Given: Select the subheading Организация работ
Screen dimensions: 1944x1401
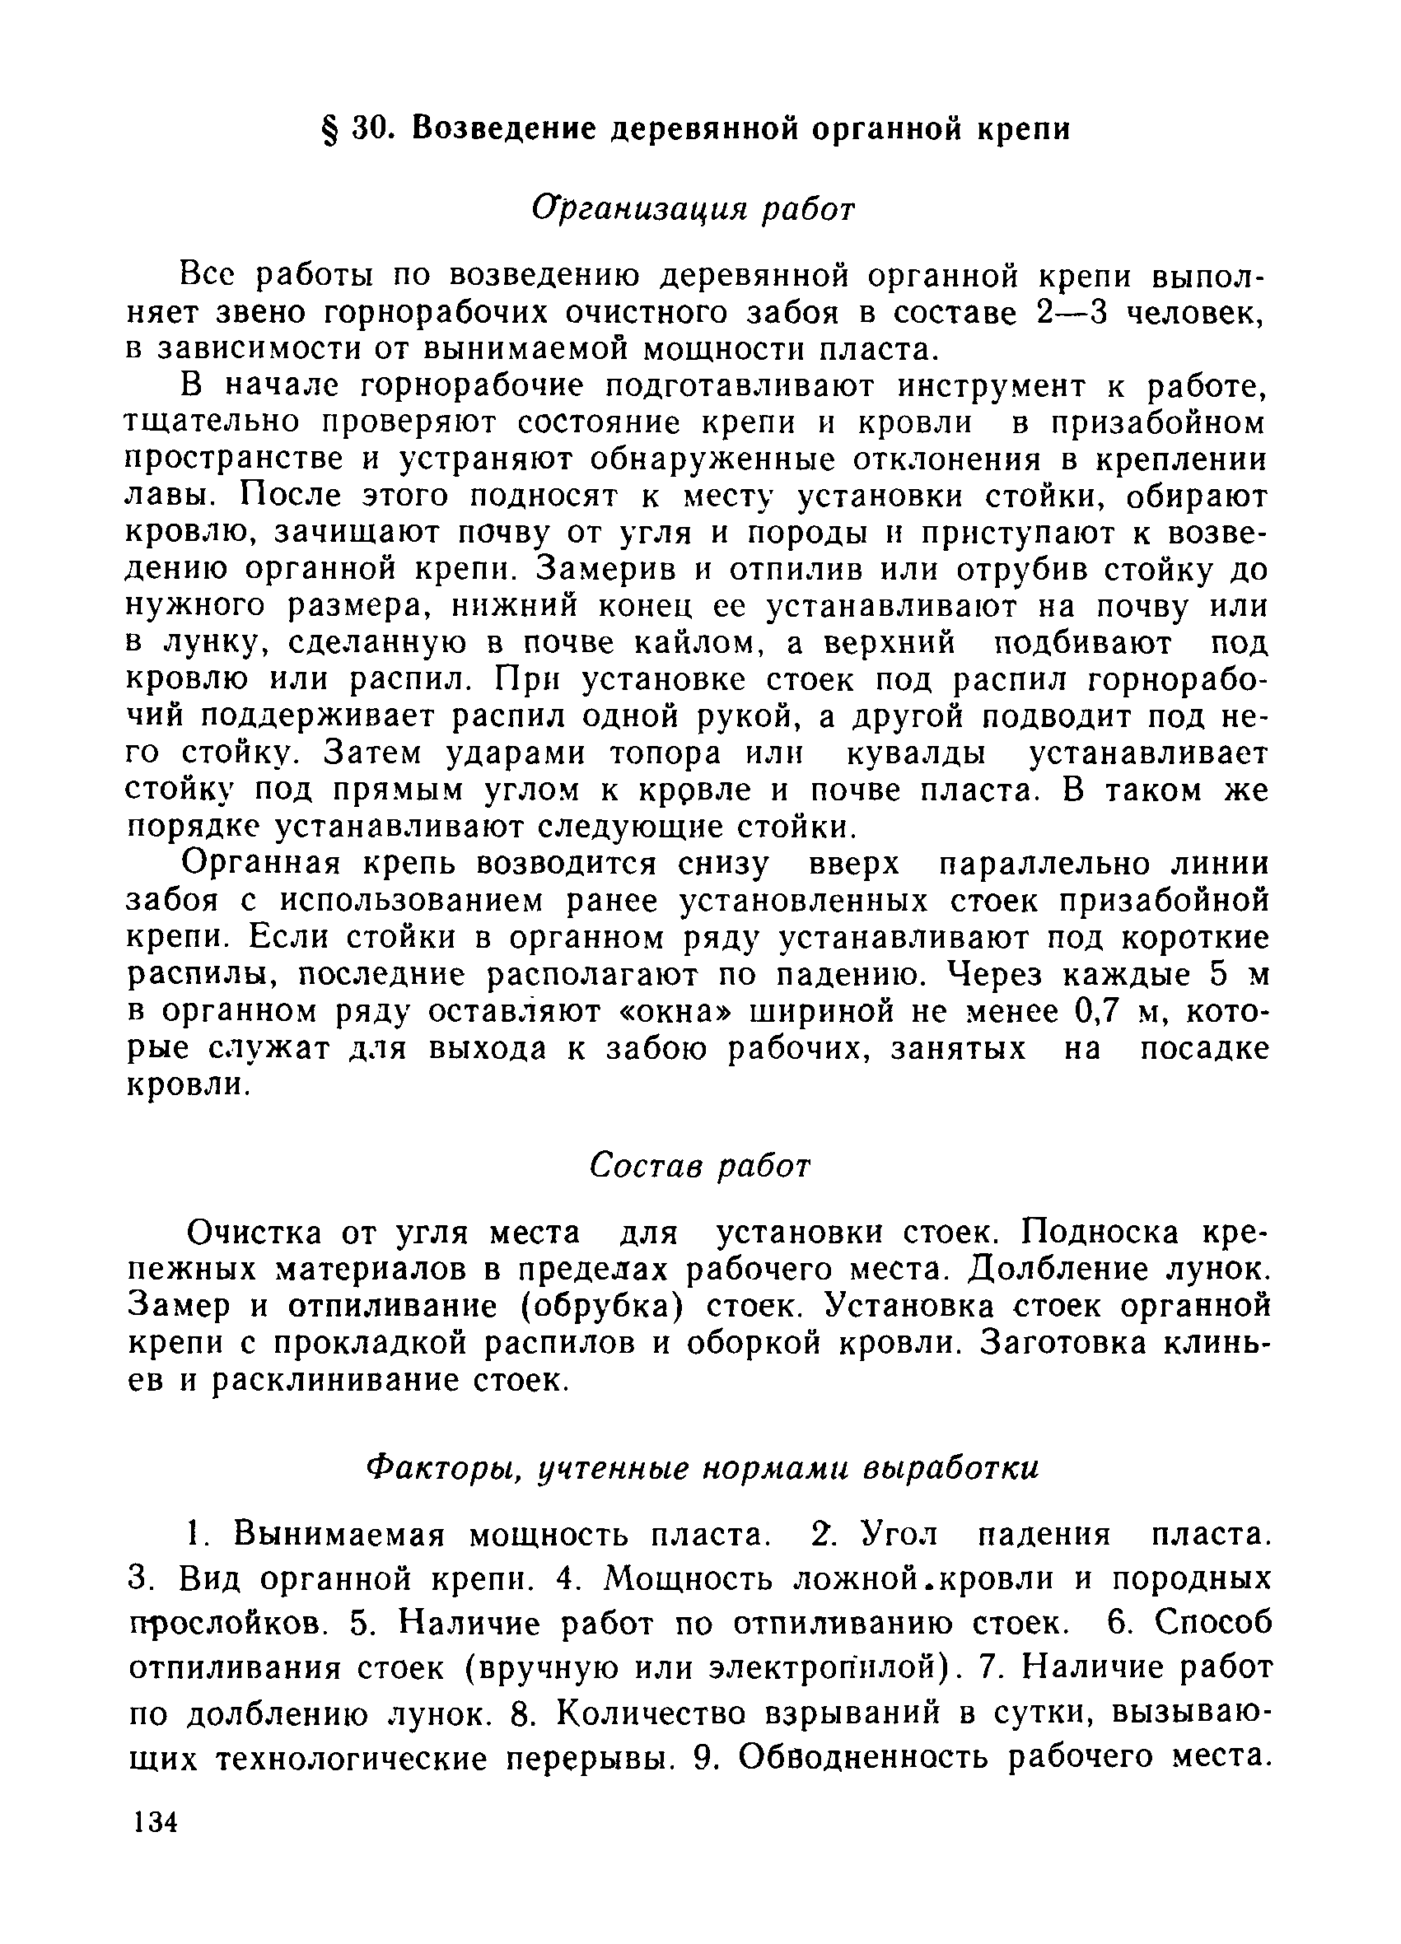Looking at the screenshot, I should [x=693, y=208].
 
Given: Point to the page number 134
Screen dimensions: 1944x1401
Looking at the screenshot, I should [x=155, y=1821].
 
